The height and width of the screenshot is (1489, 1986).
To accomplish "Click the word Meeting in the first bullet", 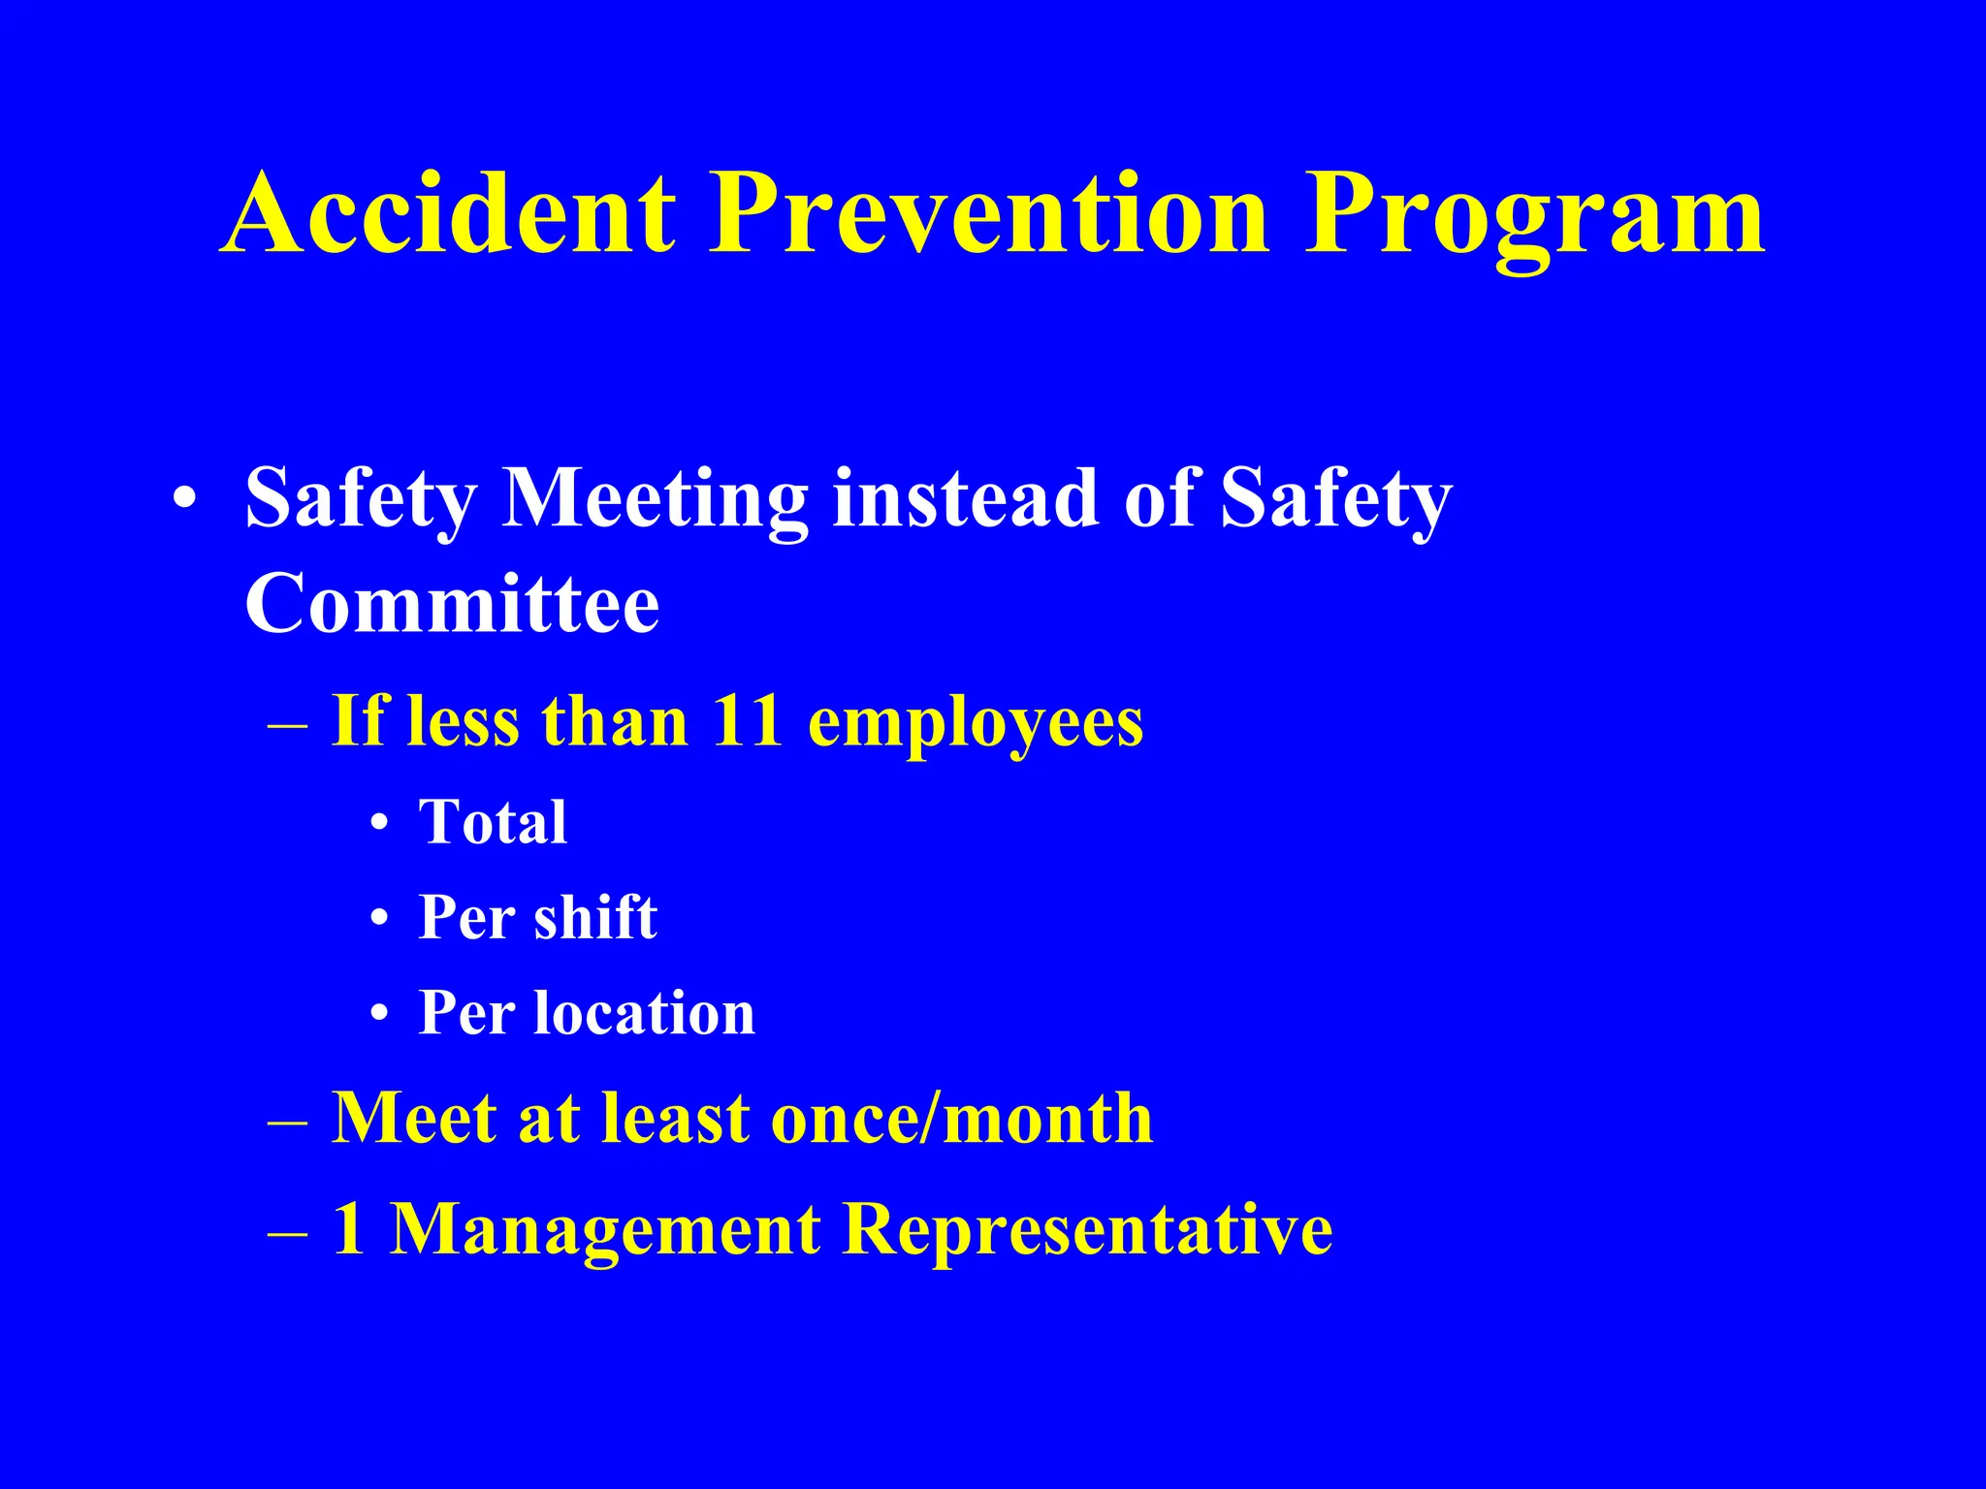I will [655, 500].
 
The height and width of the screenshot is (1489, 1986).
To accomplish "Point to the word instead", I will [965, 498].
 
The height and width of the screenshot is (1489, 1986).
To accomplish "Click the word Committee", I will [452, 604].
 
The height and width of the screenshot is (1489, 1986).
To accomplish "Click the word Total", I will [493, 823].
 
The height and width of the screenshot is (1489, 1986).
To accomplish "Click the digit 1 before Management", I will [349, 1229].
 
